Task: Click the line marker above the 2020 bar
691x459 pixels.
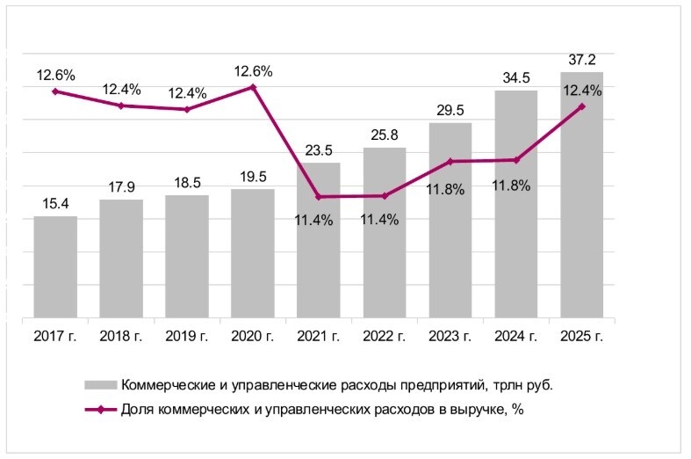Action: [x=253, y=87]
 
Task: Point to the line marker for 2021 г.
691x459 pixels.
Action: [x=319, y=196]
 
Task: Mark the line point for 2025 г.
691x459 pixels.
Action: [x=582, y=106]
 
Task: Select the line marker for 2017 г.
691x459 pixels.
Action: [x=55, y=91]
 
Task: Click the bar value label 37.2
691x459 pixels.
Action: [x=582, y=60]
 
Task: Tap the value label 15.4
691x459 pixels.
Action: [x=55, y=204]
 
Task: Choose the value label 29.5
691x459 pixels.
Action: [x=450, y=110]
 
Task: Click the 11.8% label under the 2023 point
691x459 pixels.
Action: [x=450, y=186]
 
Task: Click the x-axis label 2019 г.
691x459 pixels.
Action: [x=186, y=335]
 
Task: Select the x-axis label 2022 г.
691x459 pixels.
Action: [x=384, y=335]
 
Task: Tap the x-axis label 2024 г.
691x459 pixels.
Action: [x=516, y=335]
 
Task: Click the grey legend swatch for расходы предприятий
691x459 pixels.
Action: [x=100, y=385]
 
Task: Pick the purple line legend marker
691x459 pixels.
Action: [x=100, y=409]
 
